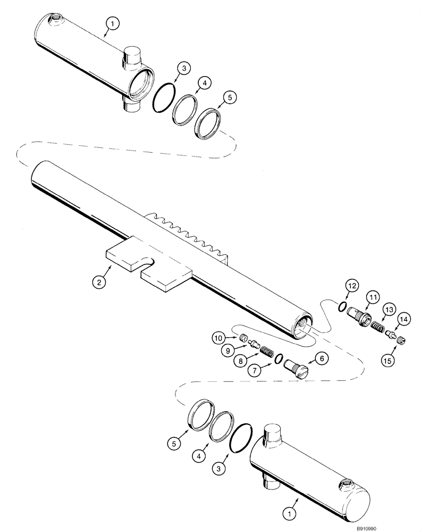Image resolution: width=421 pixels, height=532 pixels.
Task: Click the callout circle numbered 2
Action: point(98,282)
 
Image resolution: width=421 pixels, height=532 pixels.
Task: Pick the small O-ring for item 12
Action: point(343,305)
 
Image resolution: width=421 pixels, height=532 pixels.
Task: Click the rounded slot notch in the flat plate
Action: point(149,261)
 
